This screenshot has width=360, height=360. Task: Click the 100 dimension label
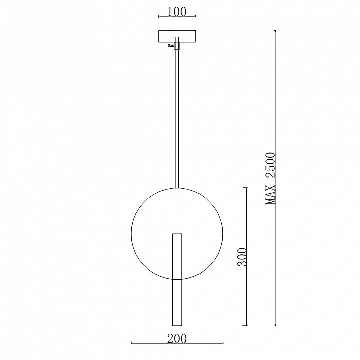pyautogui.click(x=177, y=12)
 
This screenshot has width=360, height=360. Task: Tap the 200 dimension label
pyautogui.click(x=177, y=339)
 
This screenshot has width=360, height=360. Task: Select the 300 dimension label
pyautogui.click(x=242, y=257)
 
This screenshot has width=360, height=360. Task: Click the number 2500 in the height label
pyautogui.click(x=270, y=165)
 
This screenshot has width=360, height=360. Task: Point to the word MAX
pyautogui.click(x=270, y=194)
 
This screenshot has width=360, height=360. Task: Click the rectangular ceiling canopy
pyautogui.click(x=177, y=36)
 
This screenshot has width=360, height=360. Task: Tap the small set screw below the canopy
pyautogui.click(x=171, y=46)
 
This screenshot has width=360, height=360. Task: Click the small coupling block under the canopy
pyautogui.click(x=177, y=45)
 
